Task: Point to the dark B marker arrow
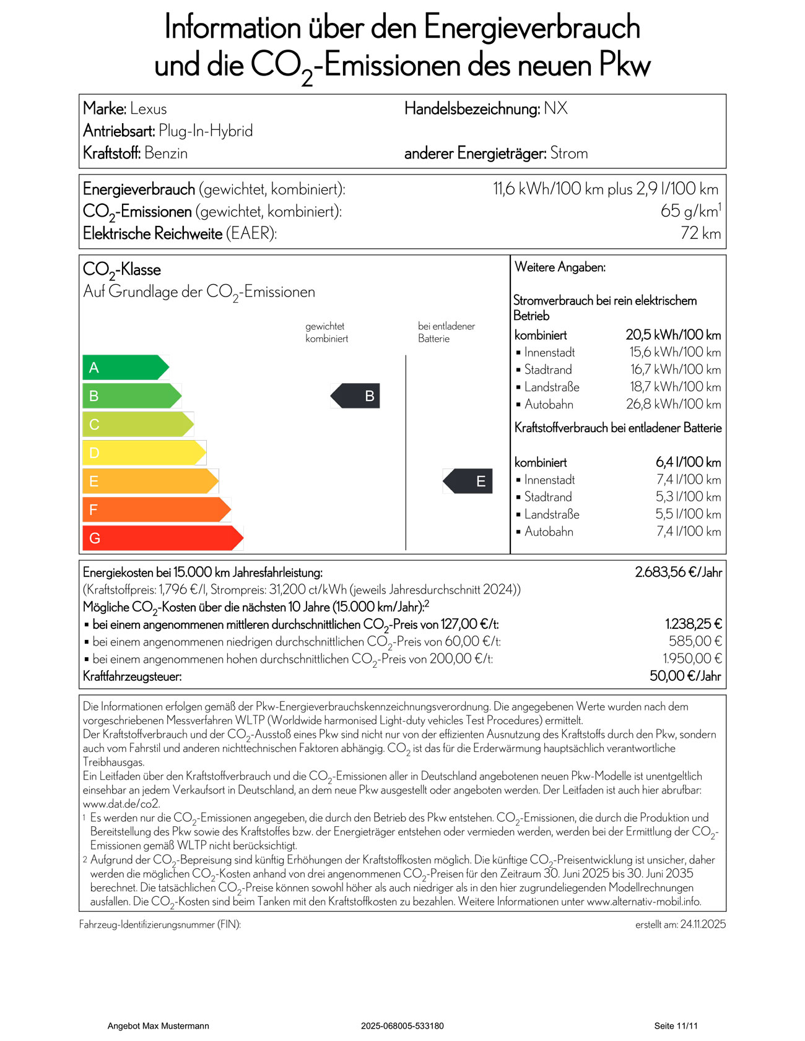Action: coord(356,396)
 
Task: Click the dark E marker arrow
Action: coord(468,481)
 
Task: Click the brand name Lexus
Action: coord(149,109)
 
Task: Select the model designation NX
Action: coord(555,108)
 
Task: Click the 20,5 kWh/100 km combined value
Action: coord(673,335)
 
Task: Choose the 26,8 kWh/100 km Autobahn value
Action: coord(673,404)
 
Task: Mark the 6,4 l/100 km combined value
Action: coord(688,462)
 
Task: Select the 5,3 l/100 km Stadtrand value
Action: coord(688,497)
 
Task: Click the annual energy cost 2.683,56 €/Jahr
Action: coord(678,572)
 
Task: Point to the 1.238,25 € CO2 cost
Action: coord(693,624)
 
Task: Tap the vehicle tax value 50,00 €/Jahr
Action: coord(685,676)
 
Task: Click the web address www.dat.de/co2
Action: coord(121,804)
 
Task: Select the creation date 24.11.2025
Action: coord(703,924)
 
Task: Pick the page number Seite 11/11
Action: coord(676,1026)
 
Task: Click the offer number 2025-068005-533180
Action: coord(402,1026)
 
